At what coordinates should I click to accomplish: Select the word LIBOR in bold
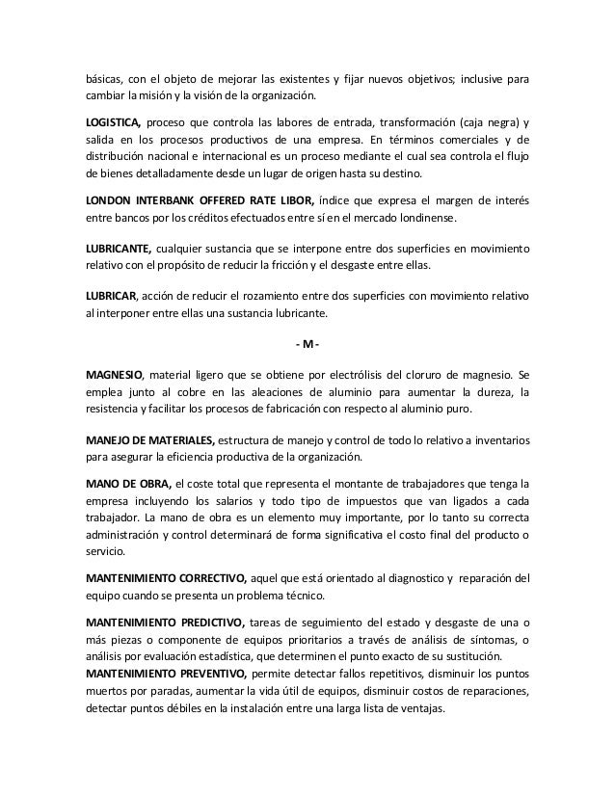tap(295, 199)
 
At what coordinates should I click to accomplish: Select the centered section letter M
tap(307, 344)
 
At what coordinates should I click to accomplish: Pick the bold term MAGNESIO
tap(116, 373)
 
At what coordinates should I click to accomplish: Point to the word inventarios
tap(494, 439)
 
